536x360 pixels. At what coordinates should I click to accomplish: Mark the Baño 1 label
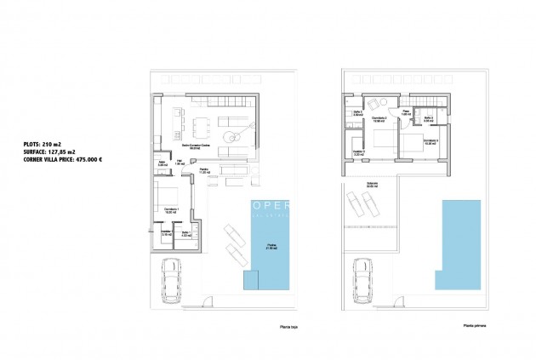click(186, 231)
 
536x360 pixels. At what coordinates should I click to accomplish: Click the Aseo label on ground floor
click(162, 163)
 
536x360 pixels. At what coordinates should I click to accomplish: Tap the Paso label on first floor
click(407, 111)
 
